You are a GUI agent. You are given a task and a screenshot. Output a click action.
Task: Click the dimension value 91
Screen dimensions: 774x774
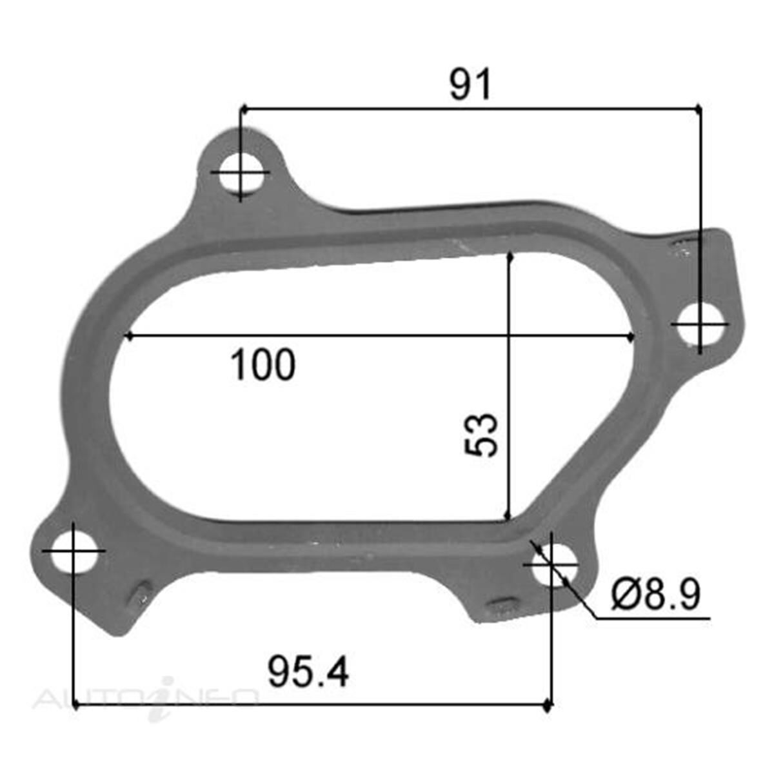[x=470, y=84]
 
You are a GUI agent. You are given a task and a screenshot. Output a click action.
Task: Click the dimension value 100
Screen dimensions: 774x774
[x=263, y=365]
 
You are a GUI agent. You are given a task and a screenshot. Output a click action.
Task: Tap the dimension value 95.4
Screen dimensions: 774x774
[x=308, y=673]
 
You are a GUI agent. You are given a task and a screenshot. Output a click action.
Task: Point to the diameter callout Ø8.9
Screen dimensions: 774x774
[x=655, y=594]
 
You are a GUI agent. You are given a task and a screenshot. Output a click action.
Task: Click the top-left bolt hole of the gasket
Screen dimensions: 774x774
[x=240, y=173]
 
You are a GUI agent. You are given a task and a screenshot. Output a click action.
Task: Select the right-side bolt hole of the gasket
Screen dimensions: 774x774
[x=700, y=324]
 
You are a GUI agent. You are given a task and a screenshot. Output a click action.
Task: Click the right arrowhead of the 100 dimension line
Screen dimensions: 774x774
[x=630, y=336]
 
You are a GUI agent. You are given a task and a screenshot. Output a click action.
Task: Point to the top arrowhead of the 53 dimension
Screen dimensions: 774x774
[x=510, y=257]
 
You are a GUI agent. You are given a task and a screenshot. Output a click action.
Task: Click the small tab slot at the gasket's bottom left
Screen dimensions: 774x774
[x=141, y=594]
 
